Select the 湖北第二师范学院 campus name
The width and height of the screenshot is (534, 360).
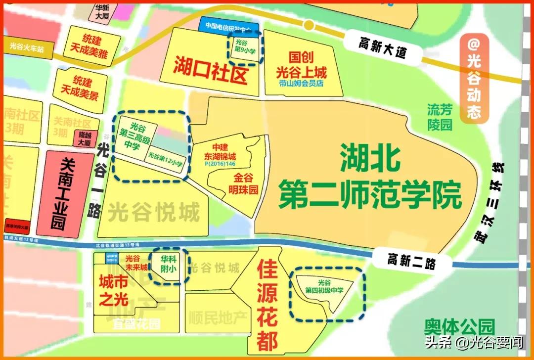click(369, 177)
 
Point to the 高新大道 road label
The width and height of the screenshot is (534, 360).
click(382, 46)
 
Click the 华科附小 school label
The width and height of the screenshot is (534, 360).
click(169, 266)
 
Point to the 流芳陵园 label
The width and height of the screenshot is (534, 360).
click(440, 117)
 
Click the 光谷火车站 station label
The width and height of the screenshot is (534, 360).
click(27, 49)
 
